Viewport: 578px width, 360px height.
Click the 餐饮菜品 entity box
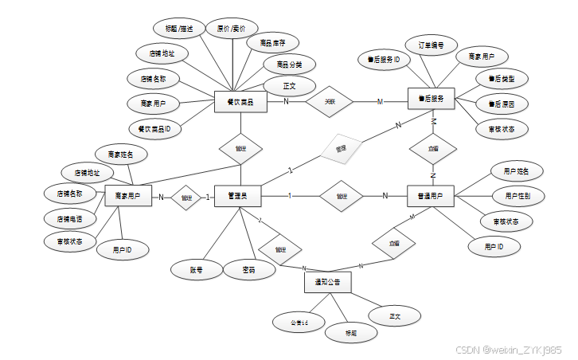[240, 102]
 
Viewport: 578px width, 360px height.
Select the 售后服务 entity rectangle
[431, 99]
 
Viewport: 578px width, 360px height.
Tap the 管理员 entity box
[238, 196]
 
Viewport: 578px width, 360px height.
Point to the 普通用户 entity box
[431, 196]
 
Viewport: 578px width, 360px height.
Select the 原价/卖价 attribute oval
[232, 29]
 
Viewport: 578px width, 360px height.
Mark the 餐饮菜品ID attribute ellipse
[154, 127]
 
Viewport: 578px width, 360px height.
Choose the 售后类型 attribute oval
[502, 79]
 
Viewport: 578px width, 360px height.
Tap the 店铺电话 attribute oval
[68, 217]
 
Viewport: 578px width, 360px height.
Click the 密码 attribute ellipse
[248, 270]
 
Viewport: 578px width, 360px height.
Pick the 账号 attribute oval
[196, 270]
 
